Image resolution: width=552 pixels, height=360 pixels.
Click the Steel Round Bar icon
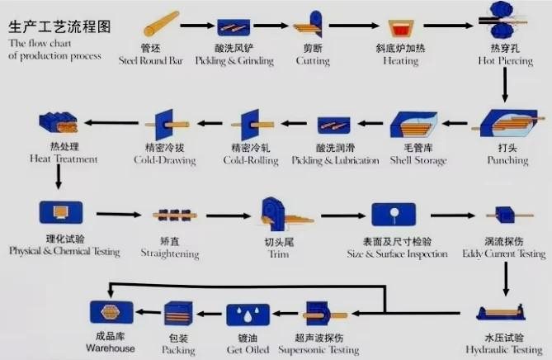click(162, 24)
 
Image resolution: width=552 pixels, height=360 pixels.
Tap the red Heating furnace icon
click(401, 29)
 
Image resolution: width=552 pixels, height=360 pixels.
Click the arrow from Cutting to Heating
click(354, 26)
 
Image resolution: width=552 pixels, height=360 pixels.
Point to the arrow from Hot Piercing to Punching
click(505, 84)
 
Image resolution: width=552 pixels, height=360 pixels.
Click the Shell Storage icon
click(414, 125)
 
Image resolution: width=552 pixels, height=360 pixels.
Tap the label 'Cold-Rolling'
click(251, 161)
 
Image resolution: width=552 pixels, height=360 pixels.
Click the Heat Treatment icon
click(59, 122)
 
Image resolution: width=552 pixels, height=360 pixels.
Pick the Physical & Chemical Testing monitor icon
click(61, 212)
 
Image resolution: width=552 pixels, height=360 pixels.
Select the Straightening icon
click(175, 216)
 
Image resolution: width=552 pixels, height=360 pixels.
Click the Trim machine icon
click(285, 213)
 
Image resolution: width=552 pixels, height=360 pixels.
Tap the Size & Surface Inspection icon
click(394, 214)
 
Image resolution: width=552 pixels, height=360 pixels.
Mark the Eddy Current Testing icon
click(509, 215)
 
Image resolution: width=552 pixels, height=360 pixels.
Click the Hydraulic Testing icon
click(501, 312)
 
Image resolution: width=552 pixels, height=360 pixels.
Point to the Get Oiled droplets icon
click(248, 315)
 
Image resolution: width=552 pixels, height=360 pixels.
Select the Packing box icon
click(178, 313)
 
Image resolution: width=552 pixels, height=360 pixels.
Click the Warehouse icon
click(111, 312)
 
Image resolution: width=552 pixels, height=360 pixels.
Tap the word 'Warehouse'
click(111, 348)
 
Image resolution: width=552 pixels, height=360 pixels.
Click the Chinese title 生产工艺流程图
click(59, 26)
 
